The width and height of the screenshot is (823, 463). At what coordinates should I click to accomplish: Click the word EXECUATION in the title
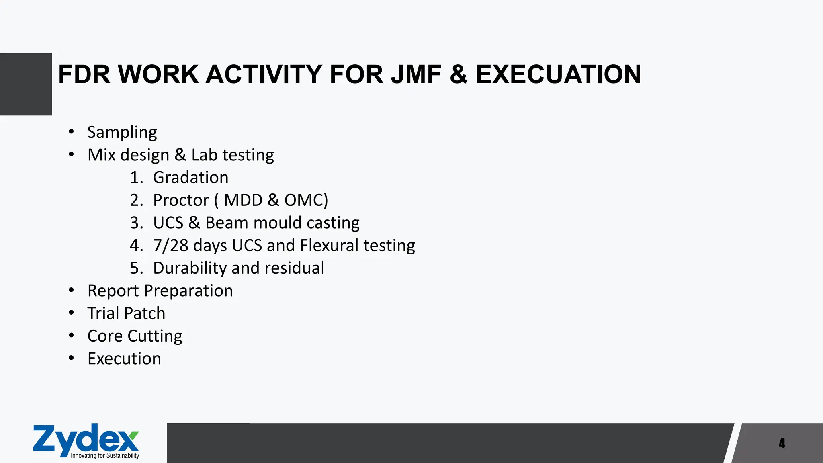coord(558,74)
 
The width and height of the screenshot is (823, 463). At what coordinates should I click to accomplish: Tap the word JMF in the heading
coord(416,74)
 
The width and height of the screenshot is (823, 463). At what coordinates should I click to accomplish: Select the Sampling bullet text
coord(122,132)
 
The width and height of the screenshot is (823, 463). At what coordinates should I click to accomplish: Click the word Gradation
coord(190,178)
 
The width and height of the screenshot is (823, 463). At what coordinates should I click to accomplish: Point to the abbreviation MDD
coord(243,200)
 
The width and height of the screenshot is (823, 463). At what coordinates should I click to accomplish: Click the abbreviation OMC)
coord(306,200)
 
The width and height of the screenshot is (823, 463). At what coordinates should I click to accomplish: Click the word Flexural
coord(329,246)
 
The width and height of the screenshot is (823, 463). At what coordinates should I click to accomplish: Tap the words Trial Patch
coord(126,313)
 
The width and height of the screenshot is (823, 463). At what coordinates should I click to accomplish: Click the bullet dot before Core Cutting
coord(71,335)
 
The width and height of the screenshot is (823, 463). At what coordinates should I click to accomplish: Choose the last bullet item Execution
coord(124,359)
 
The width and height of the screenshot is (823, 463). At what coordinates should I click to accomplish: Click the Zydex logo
coord(86,439)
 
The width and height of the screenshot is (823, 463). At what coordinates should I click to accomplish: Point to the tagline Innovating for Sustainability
coord(105,456)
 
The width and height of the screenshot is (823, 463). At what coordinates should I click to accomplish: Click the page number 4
coord(782,443)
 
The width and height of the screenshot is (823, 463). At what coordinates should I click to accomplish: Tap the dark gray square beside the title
coord(26,84)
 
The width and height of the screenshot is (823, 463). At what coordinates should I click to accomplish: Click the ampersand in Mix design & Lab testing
coord(180,155)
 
